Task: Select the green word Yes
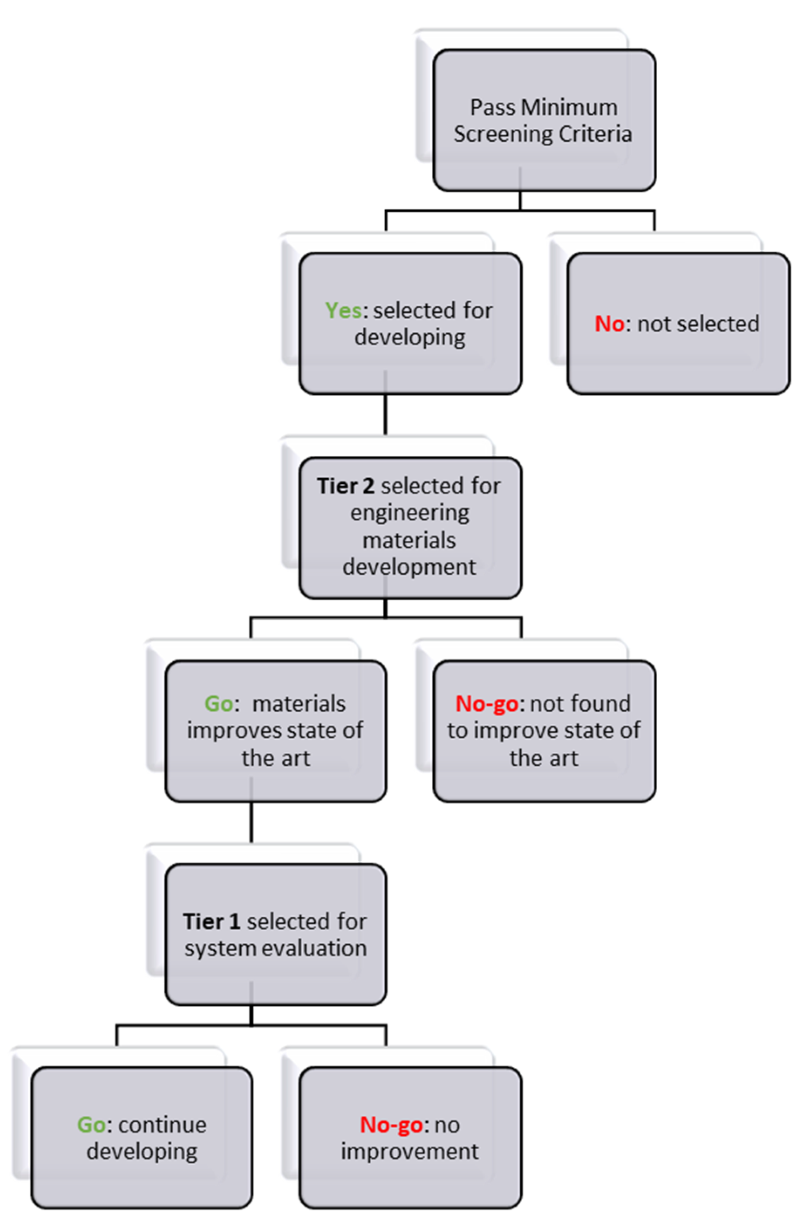[343, 311]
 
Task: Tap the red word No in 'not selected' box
[609, 324]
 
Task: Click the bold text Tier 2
[345, 486]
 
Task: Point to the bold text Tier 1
[211, 922]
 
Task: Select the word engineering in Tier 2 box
[410, 513]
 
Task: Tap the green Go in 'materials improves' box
[218, 704]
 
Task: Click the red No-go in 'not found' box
[487, 704]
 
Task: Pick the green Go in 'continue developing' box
[92, 1124]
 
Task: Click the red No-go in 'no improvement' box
[392, 1124]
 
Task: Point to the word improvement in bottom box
[410, 1151]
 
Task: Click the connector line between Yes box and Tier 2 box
[386, 414]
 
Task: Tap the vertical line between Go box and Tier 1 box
[251, 822]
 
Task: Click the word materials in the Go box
[299, 704]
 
